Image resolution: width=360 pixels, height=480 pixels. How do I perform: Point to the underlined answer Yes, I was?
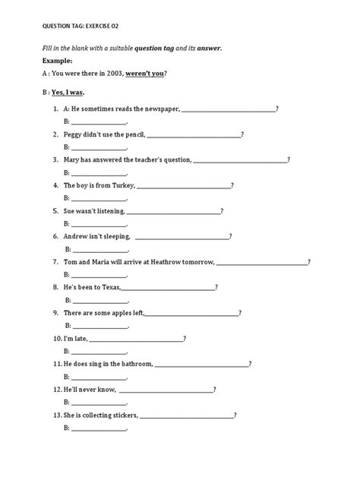(72, 91)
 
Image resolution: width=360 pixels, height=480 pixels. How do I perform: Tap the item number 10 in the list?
(57, 338)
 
